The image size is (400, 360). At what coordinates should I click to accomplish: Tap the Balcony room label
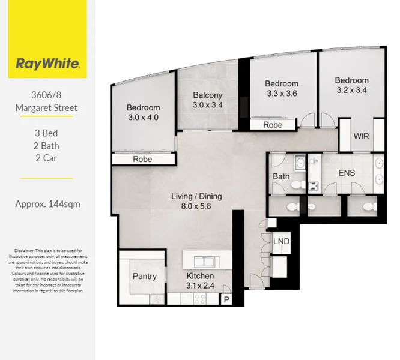[208, 95]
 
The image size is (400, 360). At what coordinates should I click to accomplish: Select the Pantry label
[144, 277]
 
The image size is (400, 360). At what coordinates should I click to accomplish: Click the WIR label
[361, 136]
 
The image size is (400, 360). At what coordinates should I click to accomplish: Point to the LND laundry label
[281, 241]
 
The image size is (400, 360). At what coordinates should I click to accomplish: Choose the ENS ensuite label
[347, 173]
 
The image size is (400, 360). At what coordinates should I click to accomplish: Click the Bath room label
[281, 176]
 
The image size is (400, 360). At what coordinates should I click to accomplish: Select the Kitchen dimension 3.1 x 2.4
[199, 286]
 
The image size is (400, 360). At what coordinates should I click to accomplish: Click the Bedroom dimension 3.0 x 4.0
[143, 118]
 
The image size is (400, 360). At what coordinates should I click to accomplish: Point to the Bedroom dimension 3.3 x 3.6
[282, 94]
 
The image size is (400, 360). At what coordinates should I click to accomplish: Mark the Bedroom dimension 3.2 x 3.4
[351, 91]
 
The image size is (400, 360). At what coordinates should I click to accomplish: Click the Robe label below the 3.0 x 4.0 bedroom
[142, 160]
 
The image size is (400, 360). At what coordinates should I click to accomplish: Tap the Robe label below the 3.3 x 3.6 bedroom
[273, 125]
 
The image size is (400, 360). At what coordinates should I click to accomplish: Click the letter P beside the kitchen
[226, 299]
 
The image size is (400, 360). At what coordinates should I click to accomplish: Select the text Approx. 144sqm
[47, 204]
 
